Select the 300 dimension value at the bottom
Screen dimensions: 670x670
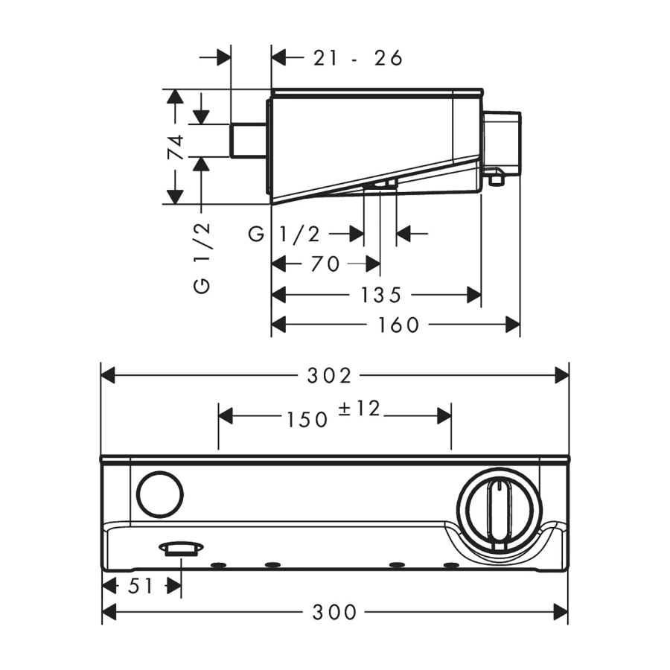[335, 613]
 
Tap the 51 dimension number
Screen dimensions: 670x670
[141, 586]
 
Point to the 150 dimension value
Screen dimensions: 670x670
[307, 418]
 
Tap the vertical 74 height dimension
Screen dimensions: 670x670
[176, 147]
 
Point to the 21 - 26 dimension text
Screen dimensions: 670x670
[357, 57]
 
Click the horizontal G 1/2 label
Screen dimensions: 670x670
[284, 234]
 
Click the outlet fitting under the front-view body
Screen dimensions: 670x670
[181, 549]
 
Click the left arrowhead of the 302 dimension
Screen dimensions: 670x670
[109, 375]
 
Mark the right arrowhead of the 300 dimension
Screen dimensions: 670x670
[561, 613]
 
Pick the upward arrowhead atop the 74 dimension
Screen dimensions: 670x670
[175, 95]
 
